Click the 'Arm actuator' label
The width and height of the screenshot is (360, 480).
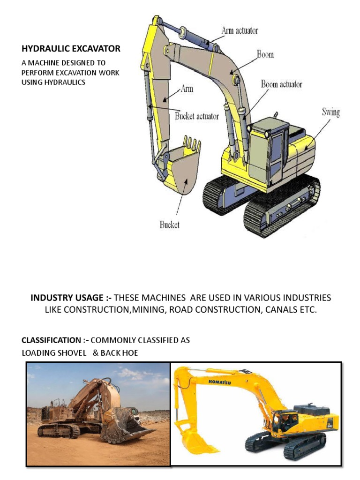240,31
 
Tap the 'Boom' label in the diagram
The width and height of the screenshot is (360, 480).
265,54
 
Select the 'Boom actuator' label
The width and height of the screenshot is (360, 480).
281,84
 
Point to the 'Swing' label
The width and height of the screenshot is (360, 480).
330,112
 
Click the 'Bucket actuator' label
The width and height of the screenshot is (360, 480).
196,116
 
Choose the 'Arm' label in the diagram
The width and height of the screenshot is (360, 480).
187,88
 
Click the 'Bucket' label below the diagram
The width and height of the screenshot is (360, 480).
169,225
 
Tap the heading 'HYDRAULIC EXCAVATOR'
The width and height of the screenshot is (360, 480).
71,48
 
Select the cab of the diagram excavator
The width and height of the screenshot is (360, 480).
269,145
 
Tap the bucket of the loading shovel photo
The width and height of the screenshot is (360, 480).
124,424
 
